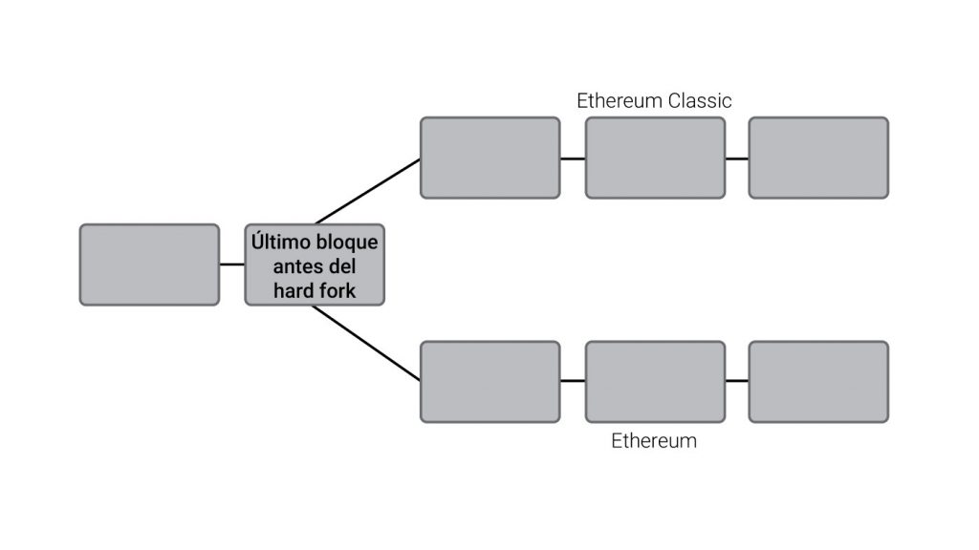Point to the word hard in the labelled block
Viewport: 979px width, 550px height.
[292, 290]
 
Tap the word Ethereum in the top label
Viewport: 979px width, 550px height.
[614, 100]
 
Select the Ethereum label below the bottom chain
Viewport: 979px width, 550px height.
[654, 441]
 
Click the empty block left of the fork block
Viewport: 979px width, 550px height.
[149, 264]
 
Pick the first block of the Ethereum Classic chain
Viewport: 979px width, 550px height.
[489, 158]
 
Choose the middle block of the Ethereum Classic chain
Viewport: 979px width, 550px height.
[655, 158]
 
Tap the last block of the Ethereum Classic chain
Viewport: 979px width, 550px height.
[818, 158]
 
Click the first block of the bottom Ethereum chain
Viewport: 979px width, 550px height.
[489, 381]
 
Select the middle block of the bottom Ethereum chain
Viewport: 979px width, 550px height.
[655, 381]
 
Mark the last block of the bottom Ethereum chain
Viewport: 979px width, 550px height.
[818, 381]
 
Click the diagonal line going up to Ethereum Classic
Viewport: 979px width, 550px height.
[368, 191]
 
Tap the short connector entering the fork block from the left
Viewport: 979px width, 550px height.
[231, 264]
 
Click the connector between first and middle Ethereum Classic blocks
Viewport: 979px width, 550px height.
[573, 159]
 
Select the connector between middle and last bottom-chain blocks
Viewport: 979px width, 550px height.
[737, 381]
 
